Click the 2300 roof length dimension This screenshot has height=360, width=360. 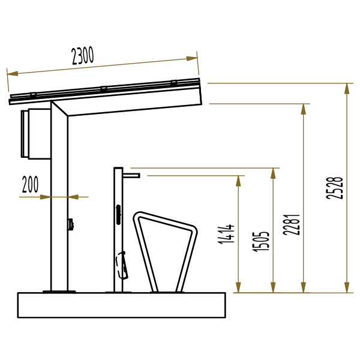[83, 56]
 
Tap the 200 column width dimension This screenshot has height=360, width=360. [30, 184]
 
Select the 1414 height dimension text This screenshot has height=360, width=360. [226, 234]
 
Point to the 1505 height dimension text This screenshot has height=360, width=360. [260, 242]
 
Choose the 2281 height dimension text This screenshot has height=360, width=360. [292, 225]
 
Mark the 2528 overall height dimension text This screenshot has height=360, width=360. [335, 188]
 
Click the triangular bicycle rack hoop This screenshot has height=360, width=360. [165, 252]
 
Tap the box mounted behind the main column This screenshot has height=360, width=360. [36, 134]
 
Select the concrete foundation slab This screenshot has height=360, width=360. [121, 305]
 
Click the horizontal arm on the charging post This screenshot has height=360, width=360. [131, 176]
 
